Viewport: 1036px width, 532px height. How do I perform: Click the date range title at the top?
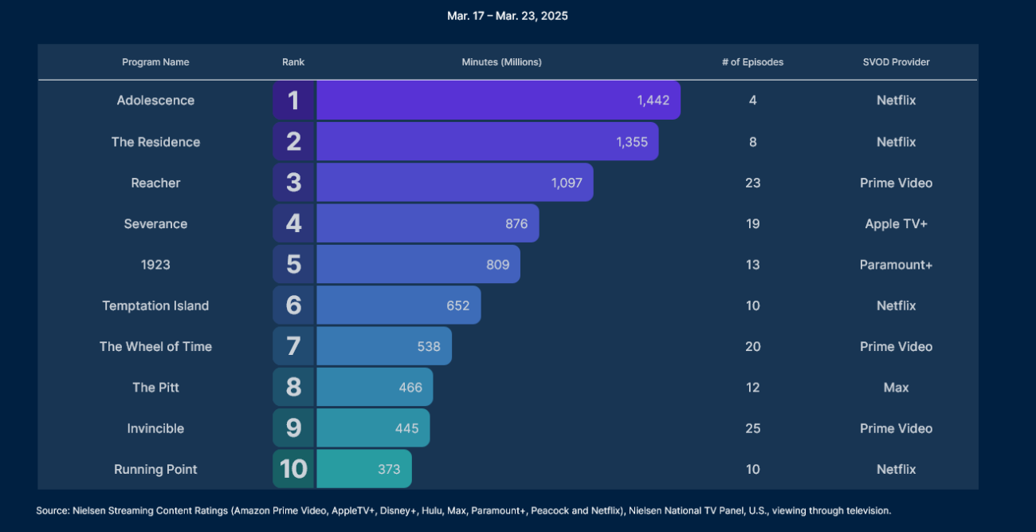(508, 16)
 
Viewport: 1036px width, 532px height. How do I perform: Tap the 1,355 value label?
(632, 142)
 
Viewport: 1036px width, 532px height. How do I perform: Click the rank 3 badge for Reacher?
(294, 183)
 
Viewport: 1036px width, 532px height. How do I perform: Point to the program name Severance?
(155, 224)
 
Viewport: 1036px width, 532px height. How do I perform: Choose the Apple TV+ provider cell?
(896, 224)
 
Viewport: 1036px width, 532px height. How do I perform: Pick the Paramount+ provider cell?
(896, 265)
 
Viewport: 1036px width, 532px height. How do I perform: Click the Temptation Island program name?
(155, 305)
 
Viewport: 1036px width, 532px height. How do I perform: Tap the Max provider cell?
(896, 388)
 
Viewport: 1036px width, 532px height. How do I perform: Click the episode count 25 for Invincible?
(752, 428)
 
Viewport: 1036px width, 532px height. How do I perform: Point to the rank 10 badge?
(294, 469)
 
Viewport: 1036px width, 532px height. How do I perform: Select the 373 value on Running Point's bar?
(389, 469)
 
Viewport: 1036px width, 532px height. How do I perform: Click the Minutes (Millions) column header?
(501, 62)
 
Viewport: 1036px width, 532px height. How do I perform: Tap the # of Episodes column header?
(752, 62)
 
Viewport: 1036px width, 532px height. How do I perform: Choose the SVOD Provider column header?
(896, 62)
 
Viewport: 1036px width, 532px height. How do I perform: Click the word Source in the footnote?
(53, 510)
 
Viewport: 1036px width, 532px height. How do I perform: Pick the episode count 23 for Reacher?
(752, 183)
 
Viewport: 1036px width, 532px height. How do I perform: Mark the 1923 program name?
(155, 265)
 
